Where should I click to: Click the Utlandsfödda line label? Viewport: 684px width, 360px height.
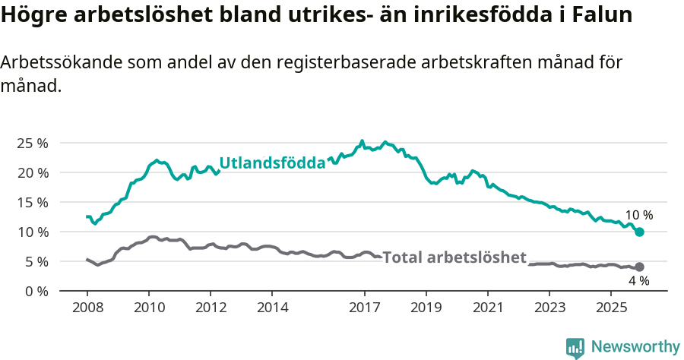click(x=272, y=163)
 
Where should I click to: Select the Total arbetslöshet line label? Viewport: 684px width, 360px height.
click(x=454, y=257)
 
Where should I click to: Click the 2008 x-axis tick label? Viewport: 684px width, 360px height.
click(x=87, y=308)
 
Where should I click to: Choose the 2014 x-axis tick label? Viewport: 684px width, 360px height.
click(x=272, y=308)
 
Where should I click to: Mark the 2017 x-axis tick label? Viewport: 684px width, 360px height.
click(x=365, y=308)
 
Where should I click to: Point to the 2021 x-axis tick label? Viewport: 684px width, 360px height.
click(x=488, y=308)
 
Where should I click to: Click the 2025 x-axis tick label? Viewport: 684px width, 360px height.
click(x=612, y=308)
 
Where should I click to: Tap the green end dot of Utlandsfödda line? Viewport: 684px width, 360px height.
click(x=640, y=232)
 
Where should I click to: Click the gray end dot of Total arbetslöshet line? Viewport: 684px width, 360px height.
click(x=640, y=267)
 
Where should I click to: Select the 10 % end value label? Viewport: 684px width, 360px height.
click(x=638, y=215)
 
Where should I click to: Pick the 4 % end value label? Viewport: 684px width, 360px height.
click(x=638, y=281)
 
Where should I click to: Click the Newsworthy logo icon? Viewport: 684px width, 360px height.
click(x=575, y=347)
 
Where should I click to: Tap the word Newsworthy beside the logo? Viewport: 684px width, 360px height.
click(x=635, y=347)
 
